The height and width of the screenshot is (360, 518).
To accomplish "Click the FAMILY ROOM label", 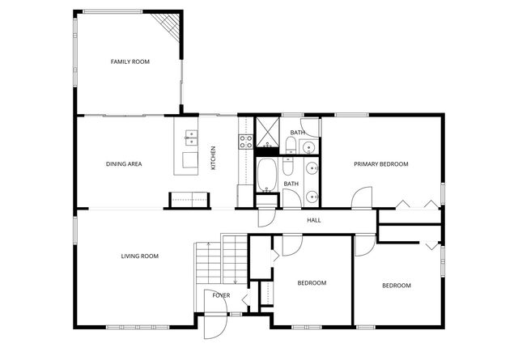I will tap(130, 61).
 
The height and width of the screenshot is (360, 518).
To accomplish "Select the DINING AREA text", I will tap(124, 164).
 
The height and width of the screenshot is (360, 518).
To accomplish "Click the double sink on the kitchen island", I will tap(191, 135).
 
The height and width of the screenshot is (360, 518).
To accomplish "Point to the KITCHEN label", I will tap(214, 157).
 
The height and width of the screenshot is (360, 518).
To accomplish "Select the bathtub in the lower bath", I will tap(267, 172).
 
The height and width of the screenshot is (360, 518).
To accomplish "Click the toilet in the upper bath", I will tap(290, 146).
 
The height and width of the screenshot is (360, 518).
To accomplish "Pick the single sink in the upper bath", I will tap(308, 147).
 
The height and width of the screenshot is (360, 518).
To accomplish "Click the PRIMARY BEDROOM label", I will tap(380, 164).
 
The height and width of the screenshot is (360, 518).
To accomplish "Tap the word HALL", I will tap(314, 220).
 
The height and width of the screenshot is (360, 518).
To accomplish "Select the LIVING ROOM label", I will tap(139, 256).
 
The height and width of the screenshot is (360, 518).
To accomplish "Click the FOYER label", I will tap(221, 295).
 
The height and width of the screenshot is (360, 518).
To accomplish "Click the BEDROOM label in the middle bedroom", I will tap(312, 283).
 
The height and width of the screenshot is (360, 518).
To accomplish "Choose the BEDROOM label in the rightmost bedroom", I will tap(397, 286).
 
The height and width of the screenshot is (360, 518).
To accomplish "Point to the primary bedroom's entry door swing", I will tap(361, 197).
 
